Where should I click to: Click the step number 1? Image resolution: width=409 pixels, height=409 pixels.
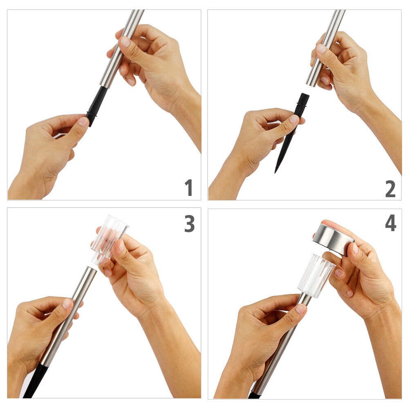point(189,188)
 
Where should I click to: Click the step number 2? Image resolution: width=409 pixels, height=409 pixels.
point(390,189)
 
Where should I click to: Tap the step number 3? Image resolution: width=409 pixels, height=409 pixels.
point(190,223)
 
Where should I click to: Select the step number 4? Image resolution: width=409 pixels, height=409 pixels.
point(391,223)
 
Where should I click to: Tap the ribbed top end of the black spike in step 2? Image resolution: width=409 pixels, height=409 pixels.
point(304,97)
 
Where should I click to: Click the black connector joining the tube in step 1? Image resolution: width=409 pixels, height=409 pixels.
point(96,106)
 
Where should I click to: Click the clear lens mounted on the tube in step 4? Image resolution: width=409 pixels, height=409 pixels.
point(316,276)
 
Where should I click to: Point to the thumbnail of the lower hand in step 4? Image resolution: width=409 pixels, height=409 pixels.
point(301,308)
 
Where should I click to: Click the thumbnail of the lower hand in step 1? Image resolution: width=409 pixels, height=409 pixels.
point(83,121)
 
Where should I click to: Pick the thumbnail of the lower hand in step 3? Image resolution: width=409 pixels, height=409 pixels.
point(67,304)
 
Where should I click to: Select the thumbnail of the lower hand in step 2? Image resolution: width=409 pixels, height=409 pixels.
point(294,119)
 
